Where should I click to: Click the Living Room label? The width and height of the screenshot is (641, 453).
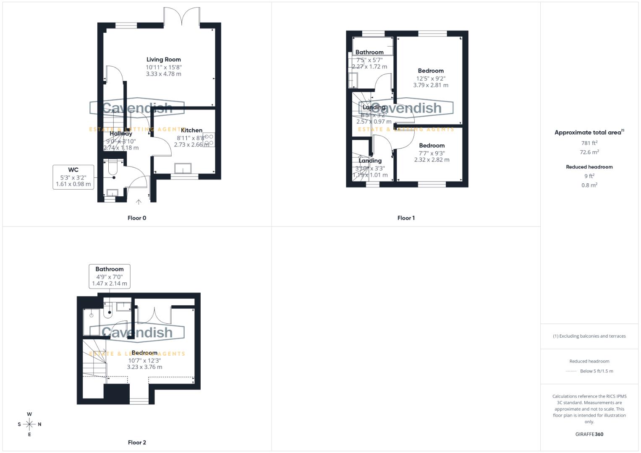pos(163,60)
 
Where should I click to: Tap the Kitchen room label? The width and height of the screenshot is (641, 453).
pos(191,130)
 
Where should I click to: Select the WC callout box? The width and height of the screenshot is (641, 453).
pos(73,177)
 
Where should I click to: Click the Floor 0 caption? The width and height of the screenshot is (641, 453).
pos(137,218)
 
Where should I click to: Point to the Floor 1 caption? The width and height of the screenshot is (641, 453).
pos(406,218)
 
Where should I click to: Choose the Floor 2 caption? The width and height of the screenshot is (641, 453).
pos(137,443)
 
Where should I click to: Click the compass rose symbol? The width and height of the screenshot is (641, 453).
pos(29,424)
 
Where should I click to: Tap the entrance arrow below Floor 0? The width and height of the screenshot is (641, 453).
pos(139,202)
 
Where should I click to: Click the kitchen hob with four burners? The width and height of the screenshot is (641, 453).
pos(209,140)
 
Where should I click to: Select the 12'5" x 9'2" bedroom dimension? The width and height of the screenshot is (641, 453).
pos(431,78)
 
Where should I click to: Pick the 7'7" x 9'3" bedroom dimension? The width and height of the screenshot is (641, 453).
pos(432,154)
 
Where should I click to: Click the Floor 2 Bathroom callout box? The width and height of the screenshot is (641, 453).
pos(110,276)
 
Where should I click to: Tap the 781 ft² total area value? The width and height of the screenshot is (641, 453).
pos(589,143)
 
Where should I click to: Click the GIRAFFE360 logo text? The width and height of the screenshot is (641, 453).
pos(589,435)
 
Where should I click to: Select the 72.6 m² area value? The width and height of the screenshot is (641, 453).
pos(589,152)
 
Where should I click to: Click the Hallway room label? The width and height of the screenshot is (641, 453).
pos(121,134)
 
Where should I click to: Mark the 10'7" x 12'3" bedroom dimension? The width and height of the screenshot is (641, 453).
pos(144,360)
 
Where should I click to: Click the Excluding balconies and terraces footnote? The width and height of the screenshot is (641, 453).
pos(589,336)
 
